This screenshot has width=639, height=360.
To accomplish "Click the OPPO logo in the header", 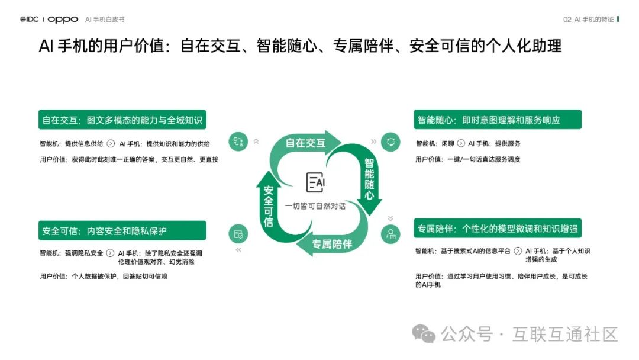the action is [x=63, y=20].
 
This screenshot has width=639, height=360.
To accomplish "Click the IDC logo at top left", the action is [x=29, y=20].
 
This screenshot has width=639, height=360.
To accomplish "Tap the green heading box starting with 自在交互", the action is [x=122, y=120].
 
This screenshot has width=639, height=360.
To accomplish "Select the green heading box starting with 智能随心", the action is [x=497, y=120].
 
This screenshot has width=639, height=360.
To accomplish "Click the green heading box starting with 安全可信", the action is [x=122, y=230].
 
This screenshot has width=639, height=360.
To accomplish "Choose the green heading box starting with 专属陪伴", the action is [x=497, y=229].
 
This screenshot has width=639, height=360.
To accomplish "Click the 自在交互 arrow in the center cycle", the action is [x=305, y=143].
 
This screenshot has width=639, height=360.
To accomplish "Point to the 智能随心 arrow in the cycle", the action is [x=369, y=178].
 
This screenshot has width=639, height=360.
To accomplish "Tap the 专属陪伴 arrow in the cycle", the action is [x=331, y=244].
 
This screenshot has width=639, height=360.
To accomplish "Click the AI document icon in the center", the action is [x=315, y=182].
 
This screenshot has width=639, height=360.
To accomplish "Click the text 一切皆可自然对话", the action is [x=315, y=206].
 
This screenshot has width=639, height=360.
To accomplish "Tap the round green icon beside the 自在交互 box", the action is [x=238, y=142].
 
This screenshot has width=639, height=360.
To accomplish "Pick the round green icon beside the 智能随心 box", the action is [x=390, y=142].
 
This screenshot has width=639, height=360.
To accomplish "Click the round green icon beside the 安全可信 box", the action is [x=238, y=234].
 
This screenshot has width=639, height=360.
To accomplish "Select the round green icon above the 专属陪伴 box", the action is [x=390, y=234].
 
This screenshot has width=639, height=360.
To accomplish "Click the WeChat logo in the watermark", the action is [x=424, y=335].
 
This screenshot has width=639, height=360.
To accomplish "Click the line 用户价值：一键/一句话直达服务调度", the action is [x=467, y=159].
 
